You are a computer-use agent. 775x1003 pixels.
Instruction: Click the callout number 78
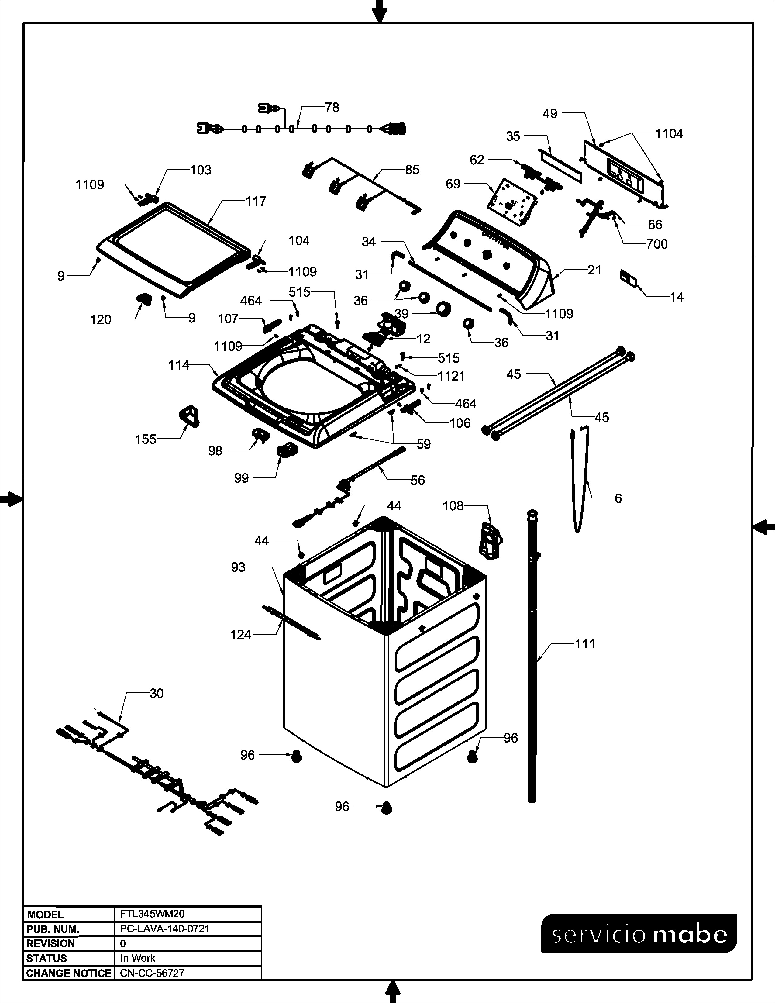pos(332,108)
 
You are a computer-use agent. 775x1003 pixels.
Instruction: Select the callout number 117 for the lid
pos(256,201)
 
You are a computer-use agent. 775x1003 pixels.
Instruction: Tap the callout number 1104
pos(669,134)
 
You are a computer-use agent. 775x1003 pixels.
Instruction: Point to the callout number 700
pos(656,244)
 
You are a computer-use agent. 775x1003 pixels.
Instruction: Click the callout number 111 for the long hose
pos(585,644)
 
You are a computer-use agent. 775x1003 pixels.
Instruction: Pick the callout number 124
pos(241,635)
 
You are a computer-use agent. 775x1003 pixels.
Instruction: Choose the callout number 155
pos(146,439)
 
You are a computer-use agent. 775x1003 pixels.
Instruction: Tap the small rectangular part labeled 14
pos(629,278)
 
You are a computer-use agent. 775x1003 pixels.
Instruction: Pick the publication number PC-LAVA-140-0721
pos(164,929)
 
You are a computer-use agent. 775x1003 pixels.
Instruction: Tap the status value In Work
pos(138,958)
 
